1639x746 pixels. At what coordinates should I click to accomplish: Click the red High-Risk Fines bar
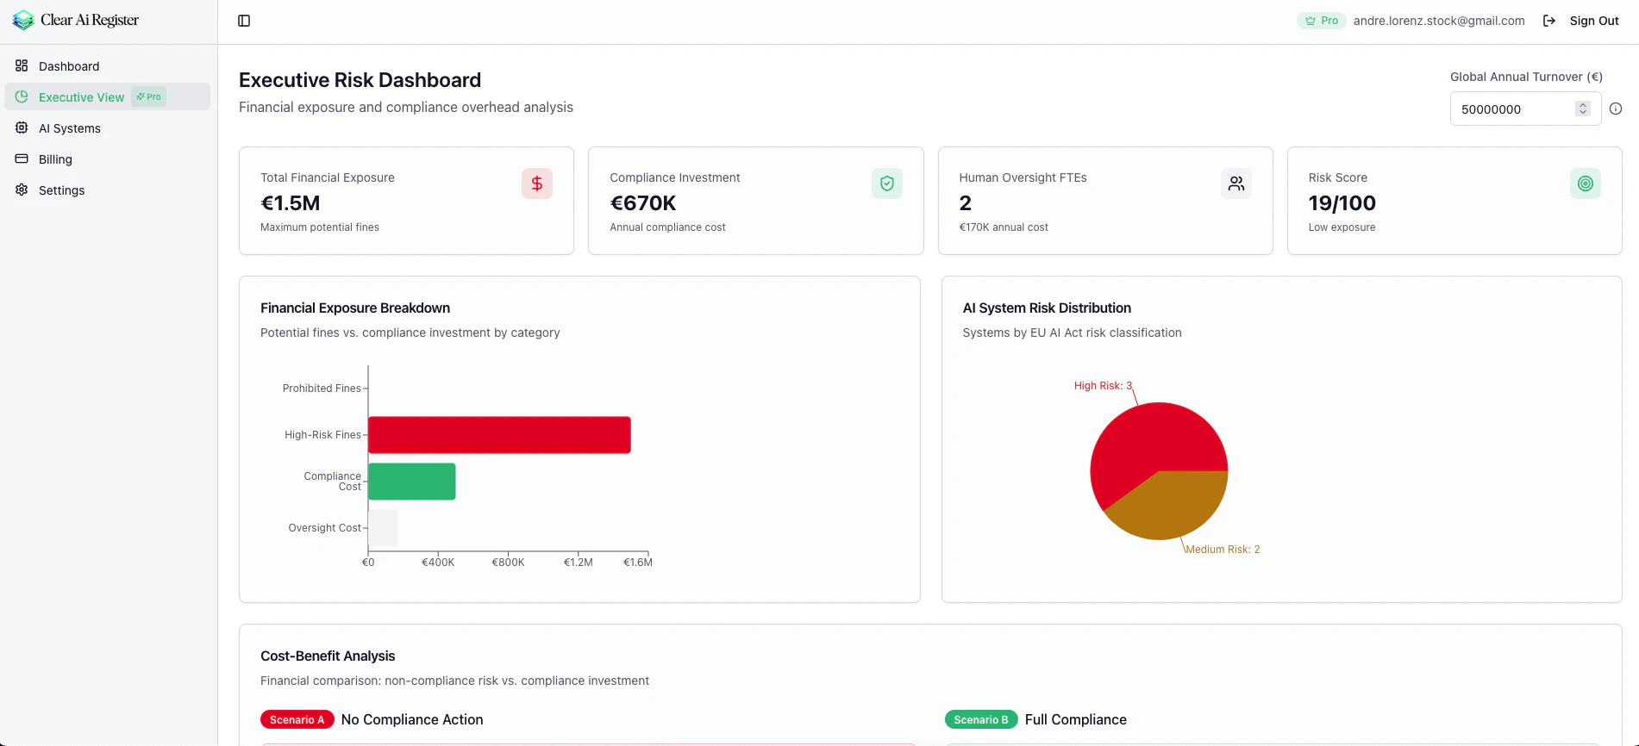coord(499,435)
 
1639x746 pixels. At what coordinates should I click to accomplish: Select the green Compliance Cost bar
coord(412,482)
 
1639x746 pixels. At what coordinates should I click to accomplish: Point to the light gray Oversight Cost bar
coord(383,528)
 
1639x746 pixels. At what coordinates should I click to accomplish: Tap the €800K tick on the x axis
coord(508,562)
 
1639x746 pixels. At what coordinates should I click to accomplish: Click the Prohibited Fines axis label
coord(322,389)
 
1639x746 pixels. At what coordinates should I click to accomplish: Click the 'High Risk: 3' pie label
coord(1103,386)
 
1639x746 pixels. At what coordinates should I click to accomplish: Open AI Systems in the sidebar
coord(70,128)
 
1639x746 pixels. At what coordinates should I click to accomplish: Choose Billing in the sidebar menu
coord(55,159)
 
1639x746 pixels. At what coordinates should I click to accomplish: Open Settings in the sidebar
coord(61,190)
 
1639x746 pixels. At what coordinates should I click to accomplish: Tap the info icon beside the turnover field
coord(1616,109)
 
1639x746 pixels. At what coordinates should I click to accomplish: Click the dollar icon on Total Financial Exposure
coord(536,183)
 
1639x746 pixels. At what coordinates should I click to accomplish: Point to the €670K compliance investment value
coord(643,203)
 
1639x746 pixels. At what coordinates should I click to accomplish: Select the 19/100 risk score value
coord(1342,203)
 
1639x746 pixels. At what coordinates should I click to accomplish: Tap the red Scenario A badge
coord(297,720)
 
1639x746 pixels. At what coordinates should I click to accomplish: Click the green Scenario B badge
coord(980,720)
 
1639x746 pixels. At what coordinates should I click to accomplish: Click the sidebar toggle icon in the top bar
coord(244,21)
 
